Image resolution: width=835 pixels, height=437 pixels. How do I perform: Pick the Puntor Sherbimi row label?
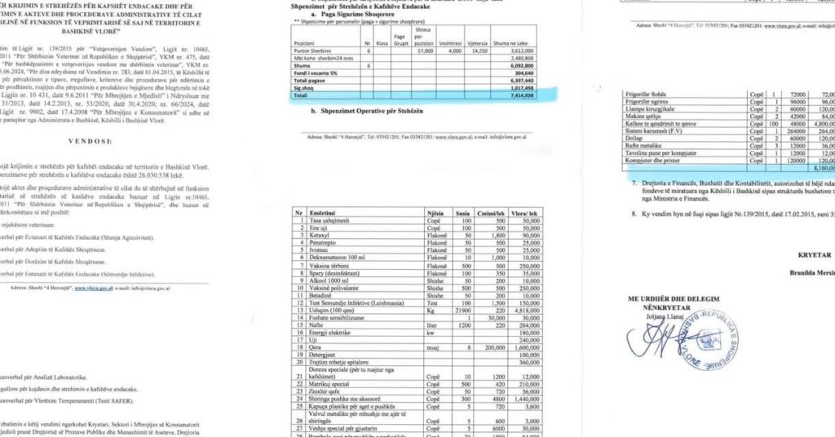coord(311,51)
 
